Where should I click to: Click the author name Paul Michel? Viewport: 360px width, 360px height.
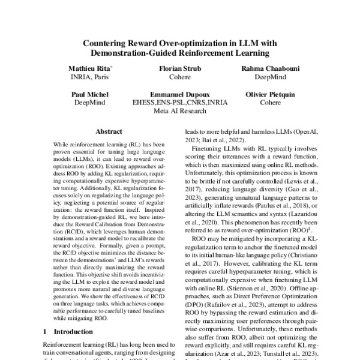90,95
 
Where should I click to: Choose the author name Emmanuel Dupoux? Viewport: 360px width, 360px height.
179,95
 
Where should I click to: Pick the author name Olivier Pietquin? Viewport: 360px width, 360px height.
270,95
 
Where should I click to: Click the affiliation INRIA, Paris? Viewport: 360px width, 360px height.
90,78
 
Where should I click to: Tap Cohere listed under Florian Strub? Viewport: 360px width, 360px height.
179,78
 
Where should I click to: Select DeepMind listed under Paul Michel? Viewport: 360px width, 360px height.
90,103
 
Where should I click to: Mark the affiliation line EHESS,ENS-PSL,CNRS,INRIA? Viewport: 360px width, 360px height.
179,103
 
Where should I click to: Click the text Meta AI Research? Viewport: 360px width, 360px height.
179,111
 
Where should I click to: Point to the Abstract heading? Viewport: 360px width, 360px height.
109,131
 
